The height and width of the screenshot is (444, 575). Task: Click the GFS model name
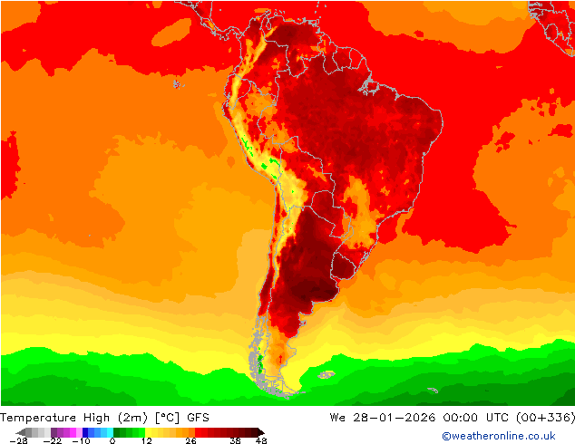point(200,417)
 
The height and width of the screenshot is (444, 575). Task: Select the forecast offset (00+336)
point(542,417)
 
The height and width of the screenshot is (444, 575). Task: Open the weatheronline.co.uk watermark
point(498,436)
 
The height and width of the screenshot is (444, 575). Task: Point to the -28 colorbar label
point(18,440)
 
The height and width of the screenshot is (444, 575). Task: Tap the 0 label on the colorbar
point(112,440)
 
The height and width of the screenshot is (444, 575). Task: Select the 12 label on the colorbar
point(145,440)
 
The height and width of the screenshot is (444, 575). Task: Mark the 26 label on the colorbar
point(191,440)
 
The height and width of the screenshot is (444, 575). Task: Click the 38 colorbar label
point(235,440)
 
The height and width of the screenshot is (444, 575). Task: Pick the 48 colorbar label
point(261,440)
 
